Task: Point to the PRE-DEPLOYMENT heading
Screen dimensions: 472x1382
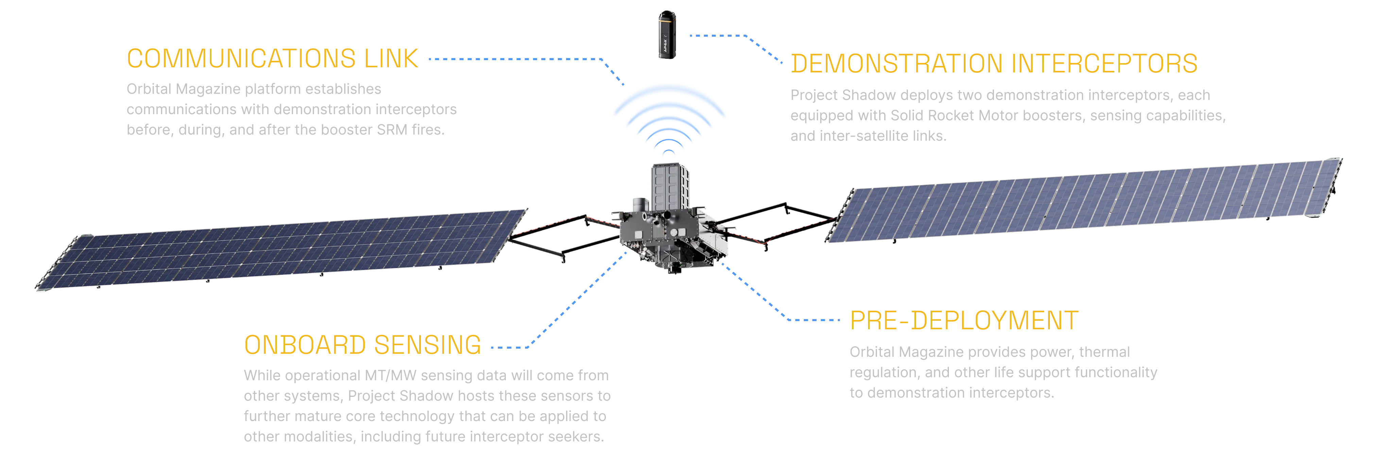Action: (964, 321)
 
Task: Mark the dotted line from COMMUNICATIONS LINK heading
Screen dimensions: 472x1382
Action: (515, 59)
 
